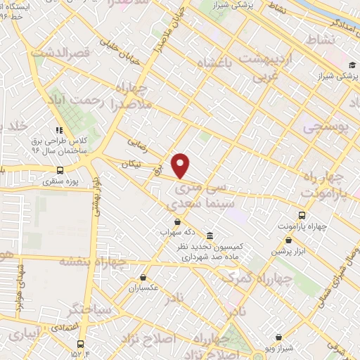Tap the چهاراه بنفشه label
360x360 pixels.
(92, 262)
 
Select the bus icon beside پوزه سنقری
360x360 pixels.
(59, 169)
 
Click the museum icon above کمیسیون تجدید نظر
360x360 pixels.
(211, 235)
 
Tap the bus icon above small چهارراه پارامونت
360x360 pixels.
(302, 215)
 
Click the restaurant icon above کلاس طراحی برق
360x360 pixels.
(59, 130)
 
